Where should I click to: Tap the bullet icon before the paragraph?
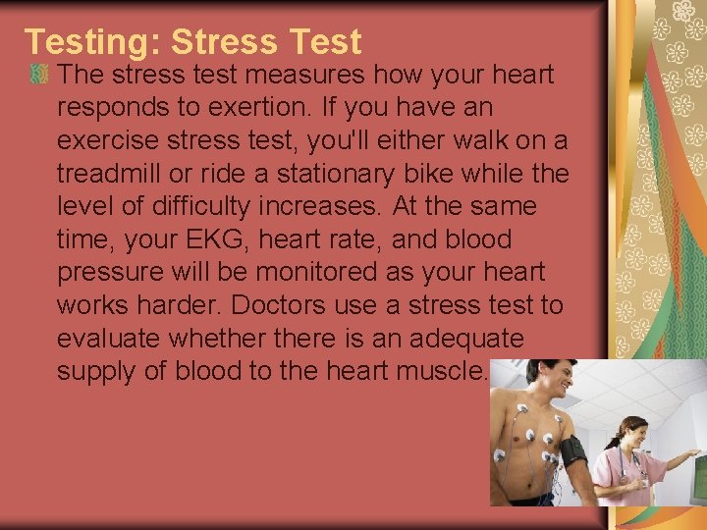pos(38,74)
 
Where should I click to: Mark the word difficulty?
pos(210,207)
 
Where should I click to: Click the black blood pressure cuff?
pos(571,450)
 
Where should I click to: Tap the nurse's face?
pos(632,433)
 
